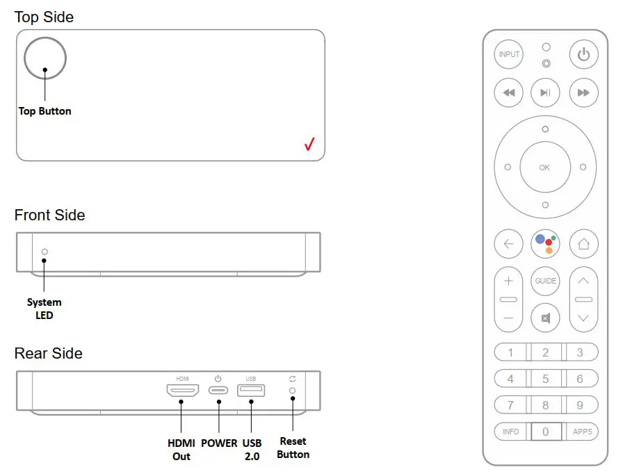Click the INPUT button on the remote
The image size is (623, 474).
pos(508,54)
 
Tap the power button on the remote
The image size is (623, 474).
pos(583,54)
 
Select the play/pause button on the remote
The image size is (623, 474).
pos(545,92)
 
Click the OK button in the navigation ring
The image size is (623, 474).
pos(544,167)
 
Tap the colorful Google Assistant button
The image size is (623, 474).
pos(545,243)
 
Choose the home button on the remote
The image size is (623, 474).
pos(583,243)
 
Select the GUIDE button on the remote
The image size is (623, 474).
pos(545,281)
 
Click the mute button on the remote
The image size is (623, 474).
pos(545,318)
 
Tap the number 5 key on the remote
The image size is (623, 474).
pos(545,379)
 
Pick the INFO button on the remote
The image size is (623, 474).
pos(511,432)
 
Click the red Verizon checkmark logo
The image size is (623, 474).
pos(309,144)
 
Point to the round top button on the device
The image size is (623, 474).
pos(45,58)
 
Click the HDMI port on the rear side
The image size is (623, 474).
pos(183,390)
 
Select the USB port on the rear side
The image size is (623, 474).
pos(251,390)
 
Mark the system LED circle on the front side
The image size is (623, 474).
pos(44,252)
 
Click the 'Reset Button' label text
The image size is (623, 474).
pos(293,448)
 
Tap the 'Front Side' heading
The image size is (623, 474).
pos(49,215)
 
